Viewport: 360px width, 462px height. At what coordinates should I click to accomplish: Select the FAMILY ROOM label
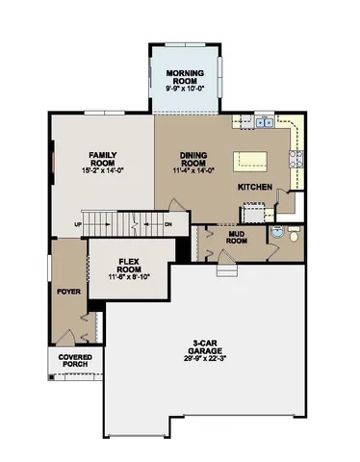pyautogui.click(x=103, y=158)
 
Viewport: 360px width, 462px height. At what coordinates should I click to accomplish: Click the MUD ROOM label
pyautogui.click(x=239, y=236)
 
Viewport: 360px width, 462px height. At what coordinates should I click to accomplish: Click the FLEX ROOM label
pyautogui.click(x=130, y=267)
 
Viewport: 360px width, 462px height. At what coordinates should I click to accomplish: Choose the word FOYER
pyautogui.click(x=66, y=291)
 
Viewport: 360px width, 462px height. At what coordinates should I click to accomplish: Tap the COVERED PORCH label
pyautogui.click(x=75, y=361)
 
